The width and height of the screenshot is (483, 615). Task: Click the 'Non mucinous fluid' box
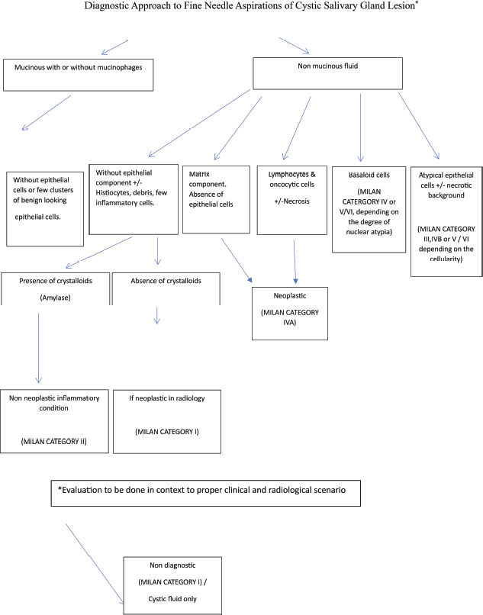(327, 73)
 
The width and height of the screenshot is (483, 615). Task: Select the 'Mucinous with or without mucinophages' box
(78, 75)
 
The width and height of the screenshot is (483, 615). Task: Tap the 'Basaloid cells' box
(369, 209)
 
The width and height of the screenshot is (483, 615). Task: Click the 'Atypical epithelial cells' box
(446, 221)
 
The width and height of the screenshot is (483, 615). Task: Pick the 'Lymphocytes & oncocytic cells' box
(292, 200)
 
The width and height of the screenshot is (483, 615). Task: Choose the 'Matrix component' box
(216, 199)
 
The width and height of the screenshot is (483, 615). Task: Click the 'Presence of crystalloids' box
(56, 288)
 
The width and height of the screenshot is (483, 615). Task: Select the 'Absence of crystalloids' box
(166, 288)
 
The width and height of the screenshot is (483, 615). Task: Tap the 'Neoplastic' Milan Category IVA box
(290, 314)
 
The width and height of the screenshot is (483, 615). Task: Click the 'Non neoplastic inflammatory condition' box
(54, 421)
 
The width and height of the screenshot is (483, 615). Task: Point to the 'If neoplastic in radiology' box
(167, 422)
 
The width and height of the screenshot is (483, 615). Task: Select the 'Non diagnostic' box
(172, 585)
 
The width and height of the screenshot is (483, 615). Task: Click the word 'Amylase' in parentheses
(56, 298)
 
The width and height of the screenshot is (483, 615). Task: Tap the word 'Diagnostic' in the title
(104, 6)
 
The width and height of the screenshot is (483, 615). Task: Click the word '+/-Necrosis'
(292, 201)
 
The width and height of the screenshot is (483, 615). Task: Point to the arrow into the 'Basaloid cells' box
(361, 127)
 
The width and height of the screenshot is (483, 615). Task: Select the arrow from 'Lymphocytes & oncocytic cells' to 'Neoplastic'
(295, 262)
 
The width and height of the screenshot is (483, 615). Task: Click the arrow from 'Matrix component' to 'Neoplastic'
(237, 260)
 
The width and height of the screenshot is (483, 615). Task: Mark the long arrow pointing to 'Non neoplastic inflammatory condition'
(38, 348)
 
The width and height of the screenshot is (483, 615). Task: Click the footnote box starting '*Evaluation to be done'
(205, 493)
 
